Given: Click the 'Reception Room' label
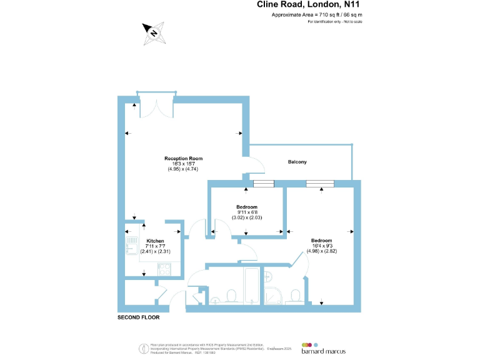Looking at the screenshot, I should (183, 158).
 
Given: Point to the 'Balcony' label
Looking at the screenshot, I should (297, 162).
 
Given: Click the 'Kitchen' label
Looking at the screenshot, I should (155, 241).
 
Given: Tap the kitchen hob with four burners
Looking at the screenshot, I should (165, 269).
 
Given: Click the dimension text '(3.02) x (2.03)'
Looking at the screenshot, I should (246, 217).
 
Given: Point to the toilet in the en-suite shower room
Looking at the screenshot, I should (296, 295).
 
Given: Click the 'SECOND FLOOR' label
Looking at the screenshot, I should (139, 317).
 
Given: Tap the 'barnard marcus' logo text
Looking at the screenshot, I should (322, 352).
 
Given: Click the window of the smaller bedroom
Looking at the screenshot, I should (263, 184).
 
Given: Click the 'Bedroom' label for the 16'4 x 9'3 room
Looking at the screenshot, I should (321, 240).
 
